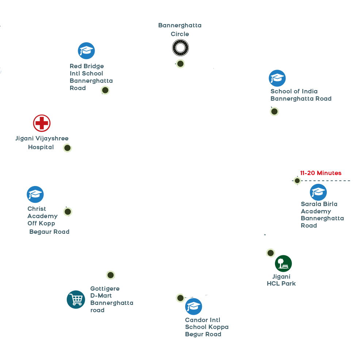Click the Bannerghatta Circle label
[x=180, y=30]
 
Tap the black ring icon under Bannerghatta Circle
[x=180, y=48]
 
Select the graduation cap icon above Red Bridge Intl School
[x=87, y=51]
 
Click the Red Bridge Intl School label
[x=91, y=77]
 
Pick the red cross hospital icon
[x=42, y=123]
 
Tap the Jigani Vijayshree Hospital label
[x=42, y=143]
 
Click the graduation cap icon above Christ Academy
[x=35, y=194]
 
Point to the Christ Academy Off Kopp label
[x=43, y=216]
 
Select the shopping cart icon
[x=76, y=299]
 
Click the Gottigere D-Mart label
[x=111, y=299]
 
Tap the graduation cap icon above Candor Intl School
[x=194, y=306]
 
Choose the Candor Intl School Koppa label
[x=207, y=327]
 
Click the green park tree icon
[x=283, y=263]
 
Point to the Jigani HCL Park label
[x=281, y=280]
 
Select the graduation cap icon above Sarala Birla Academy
[x=318, y=192]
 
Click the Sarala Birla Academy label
[x=322, y=214]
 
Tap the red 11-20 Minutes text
[x=321, y=173]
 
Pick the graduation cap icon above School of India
[x=277, y=78]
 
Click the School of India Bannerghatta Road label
[x=301, y=95]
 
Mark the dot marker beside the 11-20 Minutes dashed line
[x=297, y=181]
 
